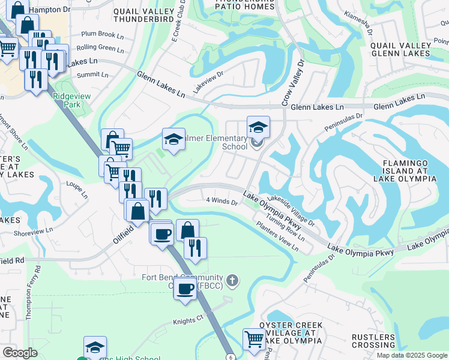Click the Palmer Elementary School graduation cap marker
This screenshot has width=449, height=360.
click(x=258, y=127)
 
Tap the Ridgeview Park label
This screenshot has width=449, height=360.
click(x=66, y=100)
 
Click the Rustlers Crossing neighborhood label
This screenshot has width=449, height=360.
click(x=373, y=341)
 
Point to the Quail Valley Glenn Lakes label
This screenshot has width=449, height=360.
click(x=400, y=49)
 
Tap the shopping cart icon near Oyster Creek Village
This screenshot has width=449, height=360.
click(x=254, y=339)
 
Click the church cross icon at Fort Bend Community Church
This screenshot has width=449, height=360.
click(x=233, y=280)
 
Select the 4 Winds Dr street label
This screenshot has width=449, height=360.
click(x=222, y=201)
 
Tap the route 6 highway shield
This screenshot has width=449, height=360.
click(x=231, y=356)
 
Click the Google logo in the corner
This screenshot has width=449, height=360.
click(x=20, y=353)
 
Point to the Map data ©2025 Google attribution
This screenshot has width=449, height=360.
click(x=411, y=355)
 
